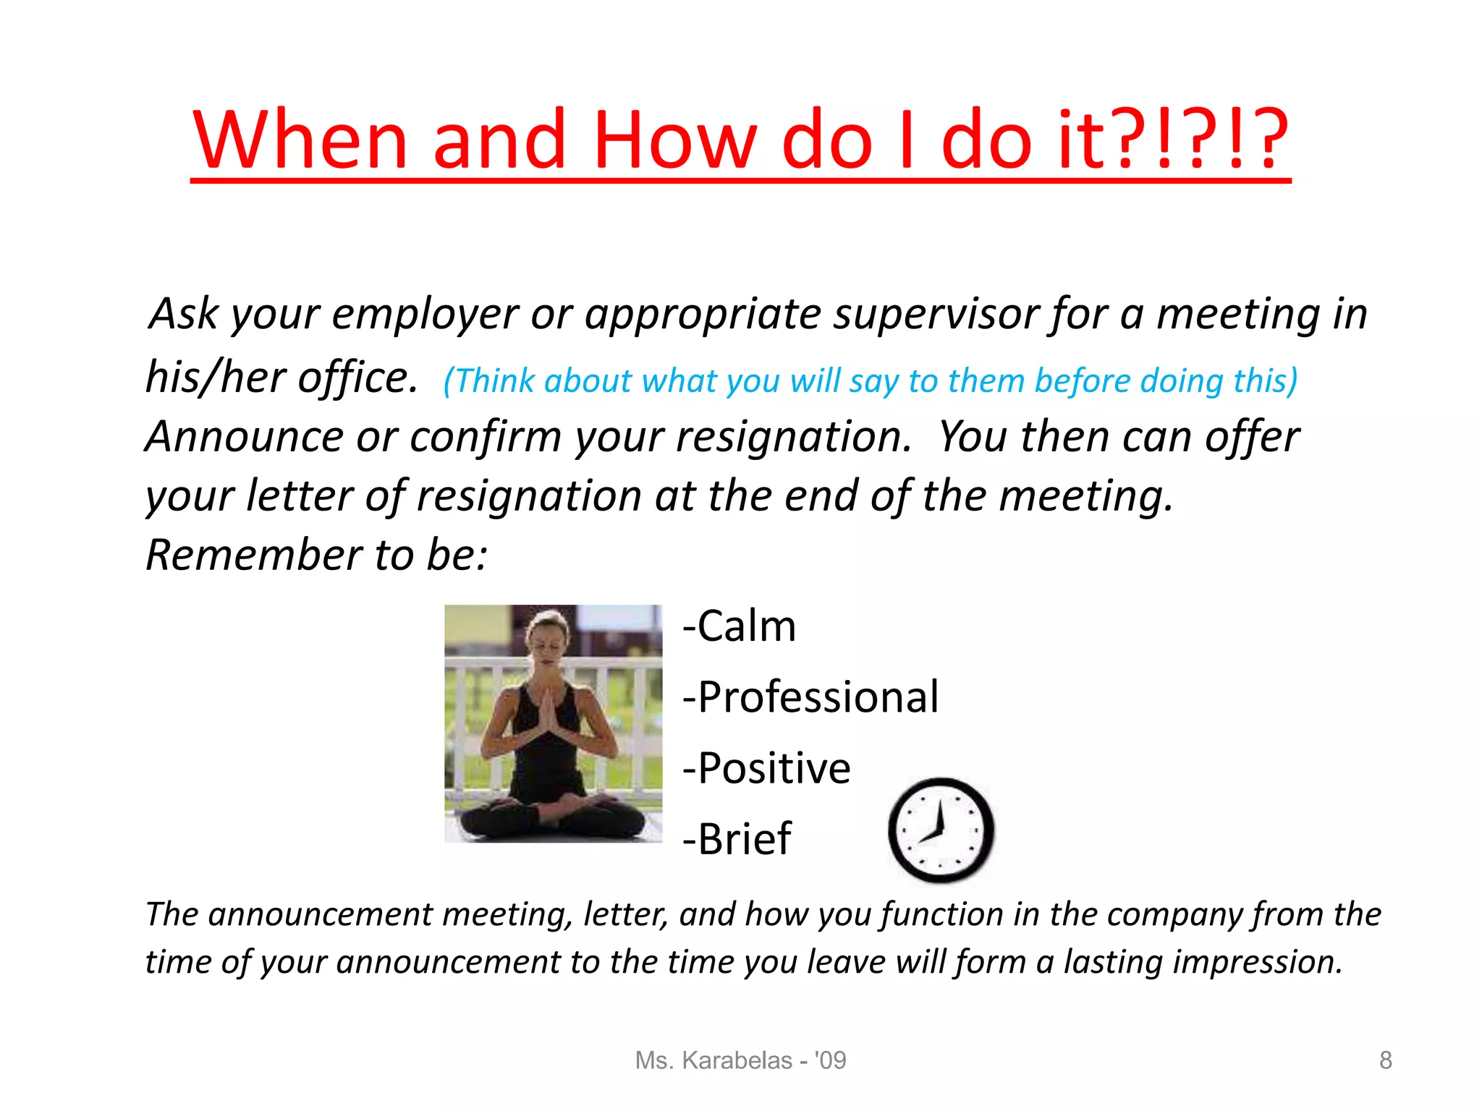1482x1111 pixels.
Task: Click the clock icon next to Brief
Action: coord(940,830)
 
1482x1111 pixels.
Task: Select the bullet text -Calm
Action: coord(740,626)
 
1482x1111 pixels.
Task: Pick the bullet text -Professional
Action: coord(810,697)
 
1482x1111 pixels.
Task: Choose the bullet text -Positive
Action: coord(766,768)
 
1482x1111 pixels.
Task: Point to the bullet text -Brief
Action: coord(737,839)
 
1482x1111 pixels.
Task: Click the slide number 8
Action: coord(1385,1060)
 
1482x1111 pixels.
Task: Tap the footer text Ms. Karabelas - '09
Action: coord(740,1060)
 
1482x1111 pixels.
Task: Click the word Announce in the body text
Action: coord(244,437)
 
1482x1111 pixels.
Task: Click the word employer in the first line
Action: coord(425,315)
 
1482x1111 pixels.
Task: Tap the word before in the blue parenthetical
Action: coord(1083,381)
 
